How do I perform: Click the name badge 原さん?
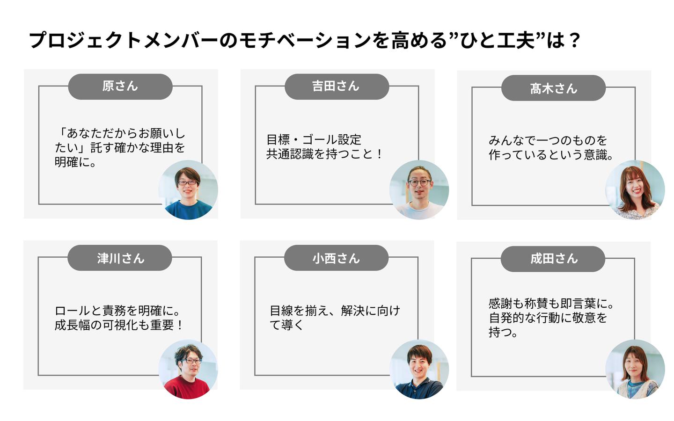click(x=120, y=87)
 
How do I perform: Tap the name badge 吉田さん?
click(x=337, y=87)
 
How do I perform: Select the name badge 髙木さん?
click(x=553, y=88)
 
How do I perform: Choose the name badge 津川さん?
click(x=120, y=258)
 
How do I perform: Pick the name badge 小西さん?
click(x=336, y=258)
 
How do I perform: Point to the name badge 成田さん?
click(x=553, y=259)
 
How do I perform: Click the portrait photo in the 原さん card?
click(x=188, y=190)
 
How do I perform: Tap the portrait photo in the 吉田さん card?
click(x=419, y=190)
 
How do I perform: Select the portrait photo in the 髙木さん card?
click(x=635, y=190)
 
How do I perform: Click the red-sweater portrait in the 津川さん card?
click(x=188, y=369)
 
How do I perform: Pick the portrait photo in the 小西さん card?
click(x=419, y=369)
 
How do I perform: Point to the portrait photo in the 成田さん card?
click(x=635, y=369)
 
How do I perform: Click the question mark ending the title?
click(x=575, y=41)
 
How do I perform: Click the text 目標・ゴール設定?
click(x=314, y=139)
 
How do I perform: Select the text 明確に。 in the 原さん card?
click(x=75, y=162)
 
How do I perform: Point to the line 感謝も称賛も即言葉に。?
click(x=551, y=304)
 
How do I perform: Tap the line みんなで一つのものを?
click(x=548, y=140)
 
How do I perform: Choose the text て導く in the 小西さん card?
click(x=286, y=325)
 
